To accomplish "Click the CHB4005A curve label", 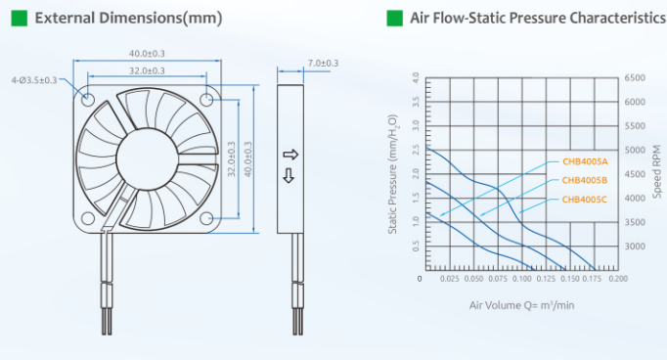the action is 585,161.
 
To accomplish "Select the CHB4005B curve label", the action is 585,180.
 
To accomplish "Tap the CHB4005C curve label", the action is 585,200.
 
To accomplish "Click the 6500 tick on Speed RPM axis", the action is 635,78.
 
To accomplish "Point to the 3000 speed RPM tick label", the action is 635,247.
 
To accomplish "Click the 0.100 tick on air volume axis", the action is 521,279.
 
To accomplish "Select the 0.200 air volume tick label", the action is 618,279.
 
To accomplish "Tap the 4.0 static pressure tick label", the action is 416,78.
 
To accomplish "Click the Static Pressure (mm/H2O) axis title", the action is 392,174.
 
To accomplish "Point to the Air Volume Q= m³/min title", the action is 521,305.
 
